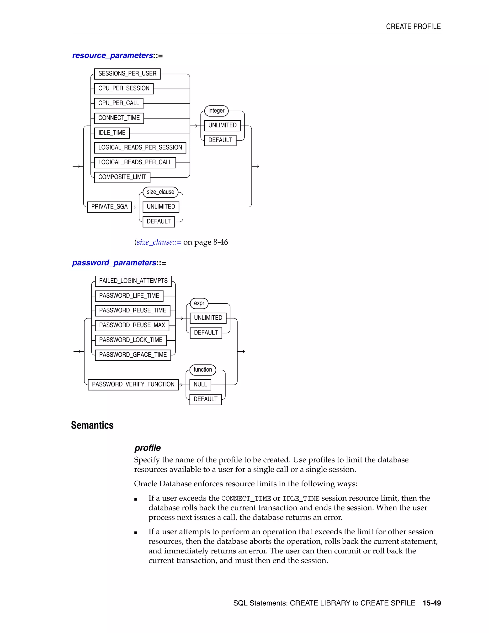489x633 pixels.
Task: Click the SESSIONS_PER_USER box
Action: (127, 74)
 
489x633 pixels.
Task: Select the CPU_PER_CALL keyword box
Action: (119, 103)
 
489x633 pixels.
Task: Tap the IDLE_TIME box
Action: (112, 133)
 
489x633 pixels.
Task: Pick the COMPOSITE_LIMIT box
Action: (122, 177)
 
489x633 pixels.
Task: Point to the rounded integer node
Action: (216, 111)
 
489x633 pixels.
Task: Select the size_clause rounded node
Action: (160, 192)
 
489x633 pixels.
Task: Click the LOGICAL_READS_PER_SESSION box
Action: (140, 148)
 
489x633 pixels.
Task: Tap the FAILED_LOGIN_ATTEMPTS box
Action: (133, 281)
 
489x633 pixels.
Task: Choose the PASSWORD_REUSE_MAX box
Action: (132, 325)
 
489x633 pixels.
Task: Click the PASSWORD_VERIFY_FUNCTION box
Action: (133, 384)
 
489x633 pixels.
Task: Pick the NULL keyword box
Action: (200, 384)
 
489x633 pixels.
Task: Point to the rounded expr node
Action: (199, 303)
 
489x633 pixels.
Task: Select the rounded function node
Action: (202, 370)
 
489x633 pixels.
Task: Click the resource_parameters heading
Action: (113, 55)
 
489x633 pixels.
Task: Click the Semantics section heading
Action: (92, 425)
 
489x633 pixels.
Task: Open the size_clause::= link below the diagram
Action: (159, 242)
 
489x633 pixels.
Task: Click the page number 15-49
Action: (432, 603)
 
